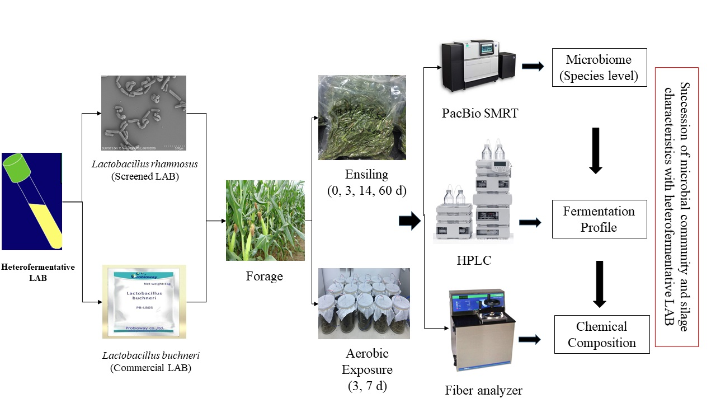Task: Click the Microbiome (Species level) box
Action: [x=599, y=67]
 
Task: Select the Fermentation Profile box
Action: [x=599, y=219]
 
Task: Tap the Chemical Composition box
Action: [x=601, y=334]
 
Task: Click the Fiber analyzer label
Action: [x=483, y=390]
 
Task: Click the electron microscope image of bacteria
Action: [x=144, y=113]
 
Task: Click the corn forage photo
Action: [x=265, y=221]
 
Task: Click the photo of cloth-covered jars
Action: [x=364, y=303]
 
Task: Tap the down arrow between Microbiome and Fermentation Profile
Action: [x=595, y=150]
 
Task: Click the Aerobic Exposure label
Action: [x=367, y=362]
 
